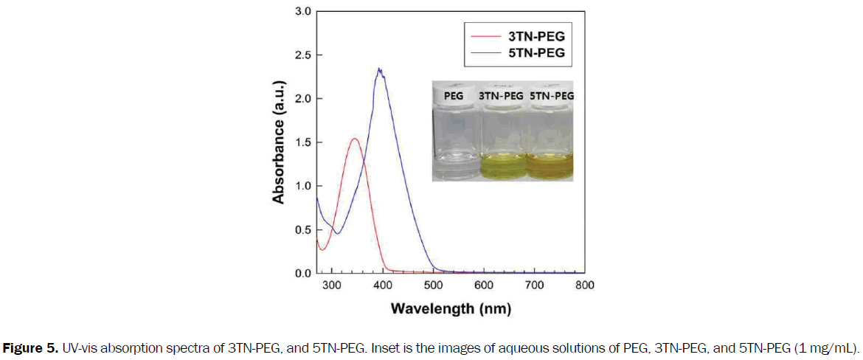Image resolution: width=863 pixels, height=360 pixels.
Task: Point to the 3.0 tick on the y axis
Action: pyautogui.click(x=302, y=12)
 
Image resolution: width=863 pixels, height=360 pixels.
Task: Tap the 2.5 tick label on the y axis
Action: pyautogui.click(x=302, y=55)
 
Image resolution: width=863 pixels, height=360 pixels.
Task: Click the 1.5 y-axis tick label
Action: pyautogui.click(x=302, y=142)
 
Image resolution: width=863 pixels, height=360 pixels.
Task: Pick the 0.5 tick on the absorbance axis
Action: pyautogui.click(x=302, y=229)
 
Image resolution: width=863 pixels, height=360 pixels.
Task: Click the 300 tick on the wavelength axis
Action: pyautogui.click(x=333, y=285)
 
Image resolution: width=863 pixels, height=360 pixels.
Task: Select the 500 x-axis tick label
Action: pyautogui.click(x=434, y=285)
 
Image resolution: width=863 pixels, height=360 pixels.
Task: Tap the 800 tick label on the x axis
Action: pyautogui.click(x=584, y=285)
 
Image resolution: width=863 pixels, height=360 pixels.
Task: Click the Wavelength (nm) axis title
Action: pyautogui.click(x=451, y=308)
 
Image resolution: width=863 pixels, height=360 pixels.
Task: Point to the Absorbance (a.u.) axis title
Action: pyautogui.click(x=278, y=142)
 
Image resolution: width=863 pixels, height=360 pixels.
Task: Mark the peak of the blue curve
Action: pyautogui.click(x=379, y=69)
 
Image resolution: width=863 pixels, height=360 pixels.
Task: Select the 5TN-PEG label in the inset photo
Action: pyautogui.click(x=551, y=96)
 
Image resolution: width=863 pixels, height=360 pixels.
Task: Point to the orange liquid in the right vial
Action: pyautogui.click(x=551, y=168)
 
